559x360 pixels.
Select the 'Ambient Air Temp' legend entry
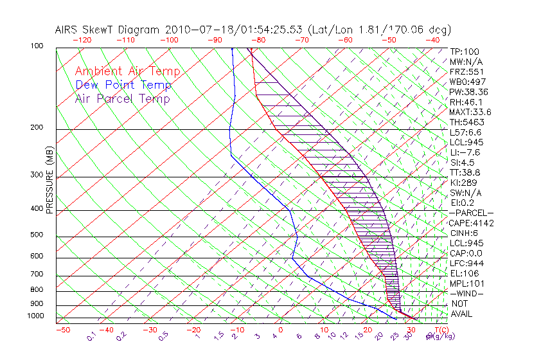pyautogui.click(x=128, y=71)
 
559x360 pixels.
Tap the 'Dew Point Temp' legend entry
pyautogui.click(x=123, y=85)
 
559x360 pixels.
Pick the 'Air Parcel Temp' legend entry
pyautogui.click(x=123, y=98)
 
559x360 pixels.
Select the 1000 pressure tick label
pyautogui.click(x=35, y=316)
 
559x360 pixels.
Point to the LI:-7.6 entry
pyautogui.click(x=465, y=152)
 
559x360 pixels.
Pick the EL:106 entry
pyautogui.click(x=463, y=273)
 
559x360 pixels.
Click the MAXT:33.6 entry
pyautogui.click(x=470, y=112)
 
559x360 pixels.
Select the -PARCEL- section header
pyautogui.click(x=471, y=213)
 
